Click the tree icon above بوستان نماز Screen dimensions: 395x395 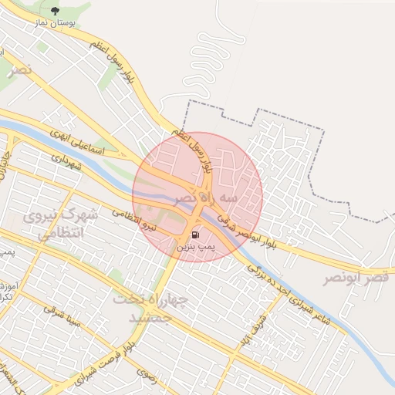pyautogui.click(x=54, y=10)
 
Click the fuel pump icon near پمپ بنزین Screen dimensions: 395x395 pyautogui.click(x=194, y=234)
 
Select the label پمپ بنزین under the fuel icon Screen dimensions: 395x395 pyautogui.click(x=193, y=247)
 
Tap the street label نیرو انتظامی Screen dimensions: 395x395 pyautogui.click(x=134, y=220)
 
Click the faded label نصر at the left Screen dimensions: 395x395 pyautogui.click(x=21, y=69)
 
